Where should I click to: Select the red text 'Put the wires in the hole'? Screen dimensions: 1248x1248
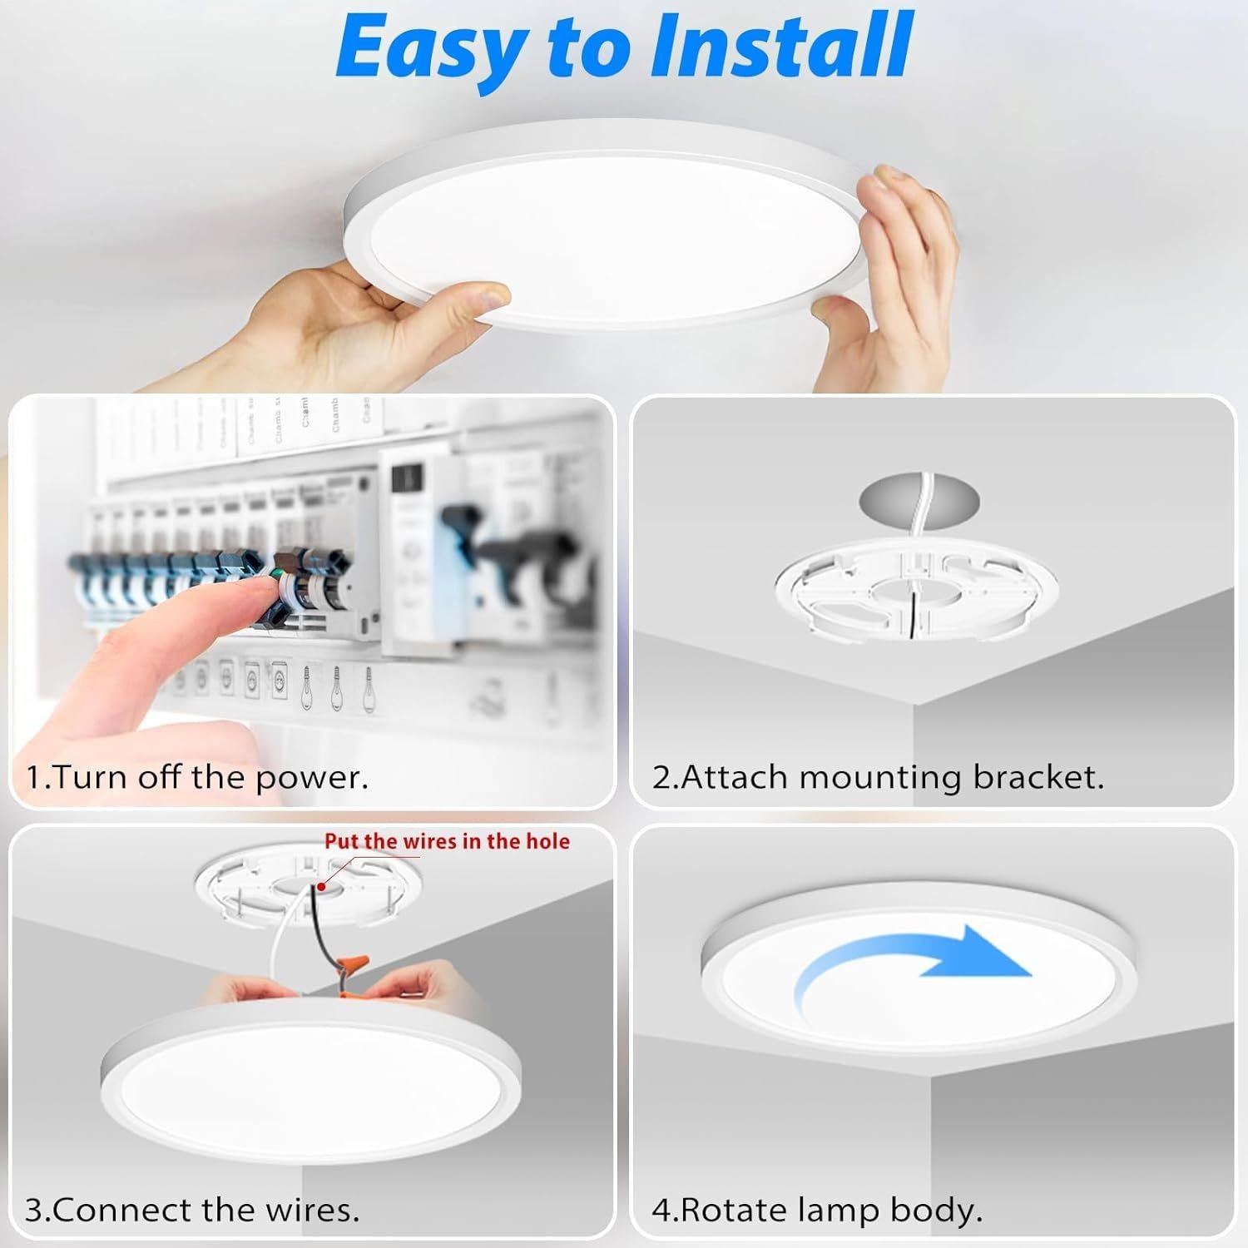447,841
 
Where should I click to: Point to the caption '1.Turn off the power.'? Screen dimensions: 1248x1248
197,777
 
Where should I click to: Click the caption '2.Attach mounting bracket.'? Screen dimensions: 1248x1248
878,777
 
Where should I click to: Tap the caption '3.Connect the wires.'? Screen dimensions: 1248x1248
192,1209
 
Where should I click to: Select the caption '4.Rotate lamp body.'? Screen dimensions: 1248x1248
817,1209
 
